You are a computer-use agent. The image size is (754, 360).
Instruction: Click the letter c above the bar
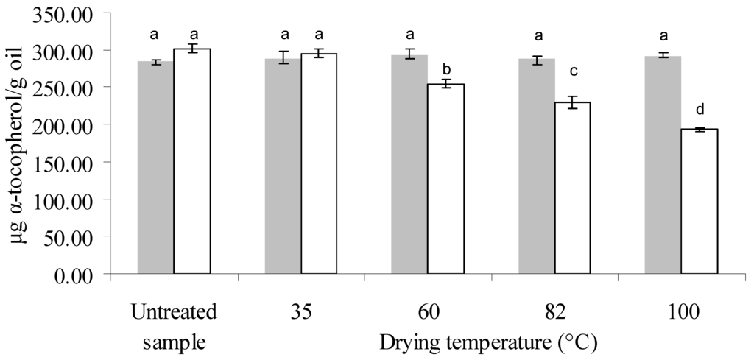572,71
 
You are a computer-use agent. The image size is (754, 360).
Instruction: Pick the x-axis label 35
301,311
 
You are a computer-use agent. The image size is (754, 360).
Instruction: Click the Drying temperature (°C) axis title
487,342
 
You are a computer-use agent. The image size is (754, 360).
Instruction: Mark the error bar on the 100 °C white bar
699,130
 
